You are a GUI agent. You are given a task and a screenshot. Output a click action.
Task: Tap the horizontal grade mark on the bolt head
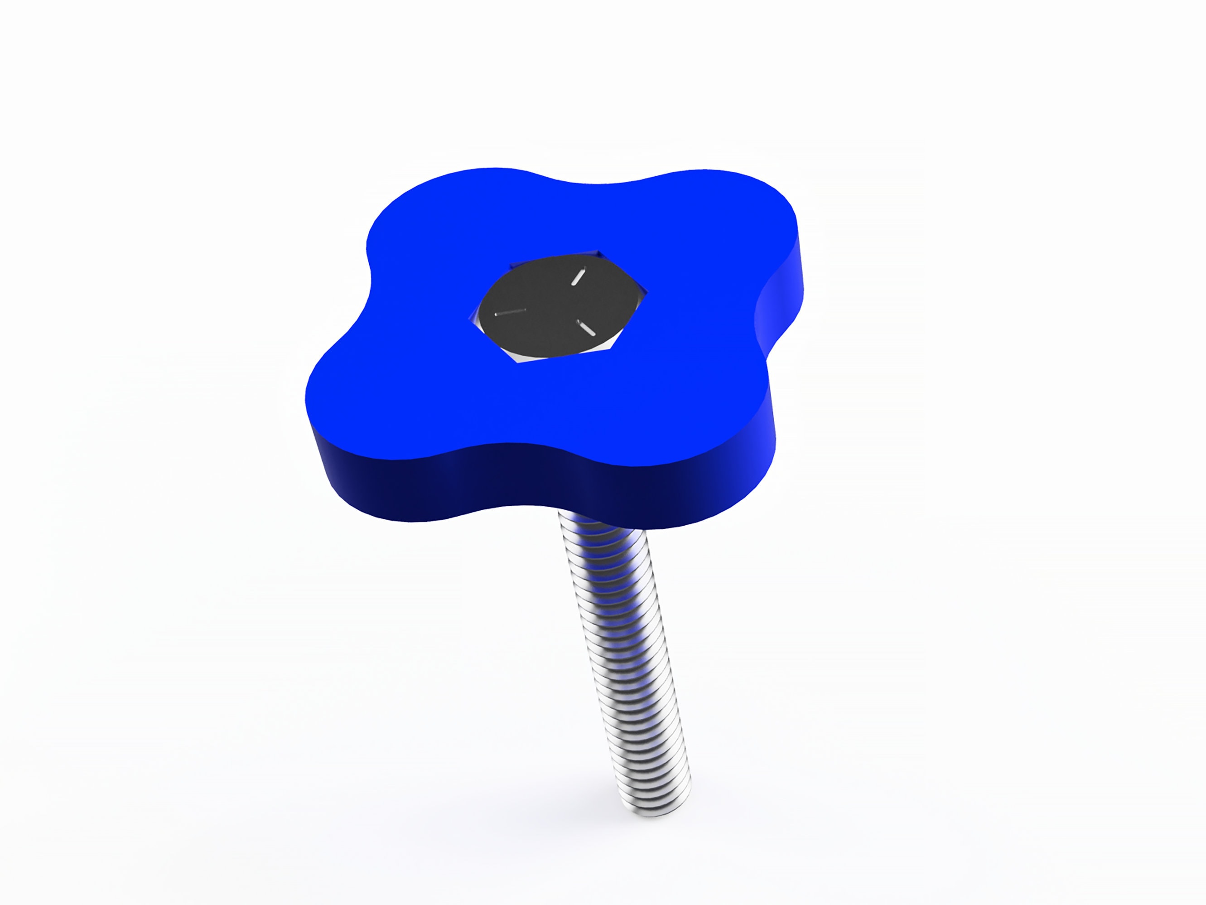(x=510, y=312)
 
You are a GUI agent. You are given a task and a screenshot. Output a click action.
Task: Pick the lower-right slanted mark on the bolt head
(x=587, y=329)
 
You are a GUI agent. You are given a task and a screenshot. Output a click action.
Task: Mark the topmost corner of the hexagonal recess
(x=598, y=252)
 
